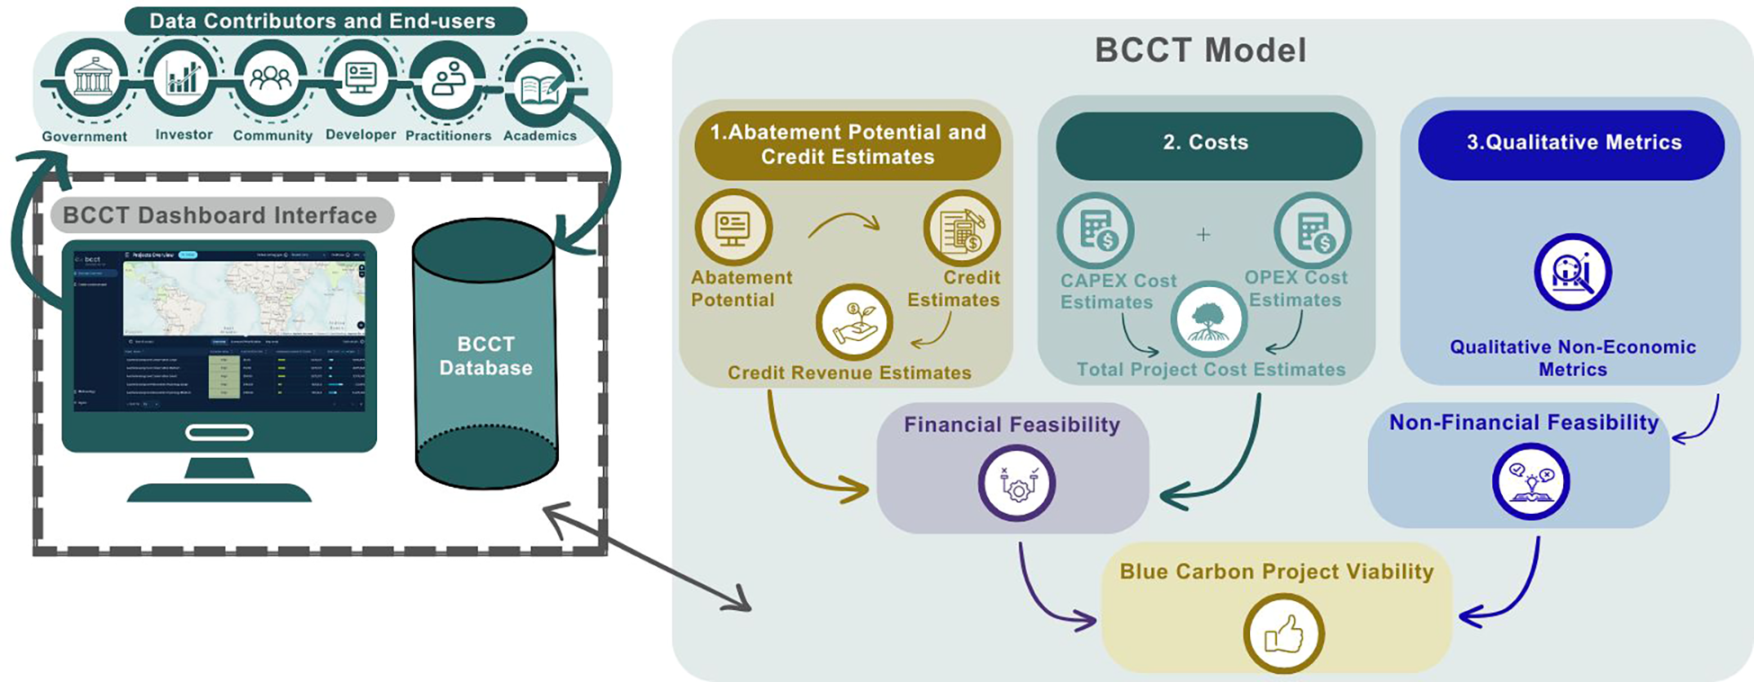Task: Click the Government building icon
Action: tap(93, 78)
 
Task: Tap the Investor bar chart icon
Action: tap(183, 77)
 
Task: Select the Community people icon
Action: tap(271, 78)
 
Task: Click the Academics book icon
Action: tap(541, 88)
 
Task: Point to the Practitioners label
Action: tap(448, 136)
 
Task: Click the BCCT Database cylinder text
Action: tap(486, 356)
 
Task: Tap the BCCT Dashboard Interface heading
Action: tap(220, 215)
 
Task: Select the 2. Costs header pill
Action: tap(1207, 143)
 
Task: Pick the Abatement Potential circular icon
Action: tap(733, 228)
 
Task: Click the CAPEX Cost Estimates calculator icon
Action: tap(1095, 231)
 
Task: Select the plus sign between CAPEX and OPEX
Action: tap(1203, 235)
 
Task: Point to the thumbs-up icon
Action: tap(1283, 634)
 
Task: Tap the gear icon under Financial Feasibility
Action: tap(1017, 483)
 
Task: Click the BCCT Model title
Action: tap(1201, 50)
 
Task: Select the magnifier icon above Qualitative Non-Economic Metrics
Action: tap(1572, 273)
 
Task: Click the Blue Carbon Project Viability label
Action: tap(1276, 572)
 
